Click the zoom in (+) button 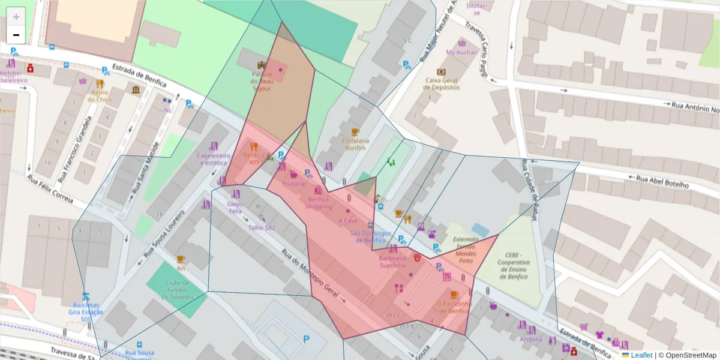(x=16, y=17)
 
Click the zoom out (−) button (x=16, y=35)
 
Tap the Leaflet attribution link (x=641, y=355)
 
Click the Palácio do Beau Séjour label (x=261, y=81)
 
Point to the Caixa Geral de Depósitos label (x=442, y=83)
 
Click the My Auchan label (x=461, y=52)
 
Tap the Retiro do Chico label (x=100, y=95)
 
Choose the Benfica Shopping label (x=318, y=202)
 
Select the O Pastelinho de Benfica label (x=453, y=307)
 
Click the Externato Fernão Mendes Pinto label (x=466, y=250)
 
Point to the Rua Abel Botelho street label (x=662, y=181)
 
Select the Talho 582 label (x=262, y=228)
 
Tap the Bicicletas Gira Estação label (x=86, y=312)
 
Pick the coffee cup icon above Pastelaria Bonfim (x=355, y=131)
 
